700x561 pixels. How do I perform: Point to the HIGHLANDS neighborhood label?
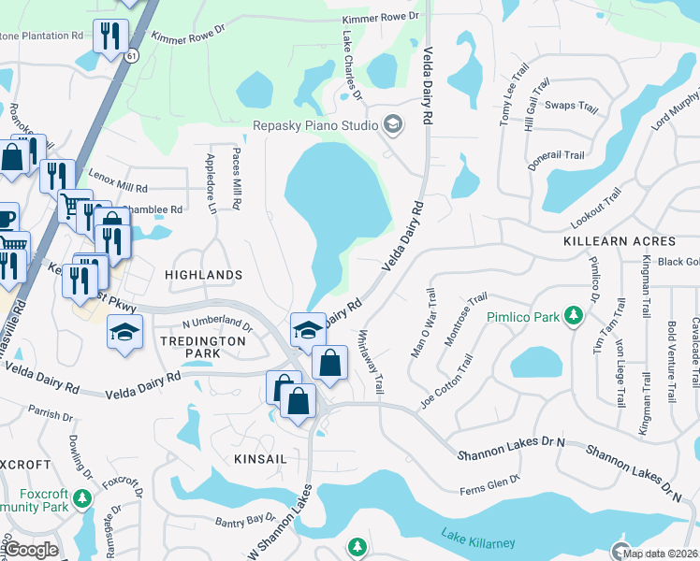[x=203, y=275]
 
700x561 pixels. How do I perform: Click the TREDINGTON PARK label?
[x=202, y=347]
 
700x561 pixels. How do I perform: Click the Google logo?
[x=30, y=550]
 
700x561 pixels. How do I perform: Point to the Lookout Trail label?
[x=596, y=209]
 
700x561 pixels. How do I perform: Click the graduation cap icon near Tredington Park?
[x=124, y=332]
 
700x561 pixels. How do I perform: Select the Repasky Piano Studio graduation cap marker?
[x=392, y=124]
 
